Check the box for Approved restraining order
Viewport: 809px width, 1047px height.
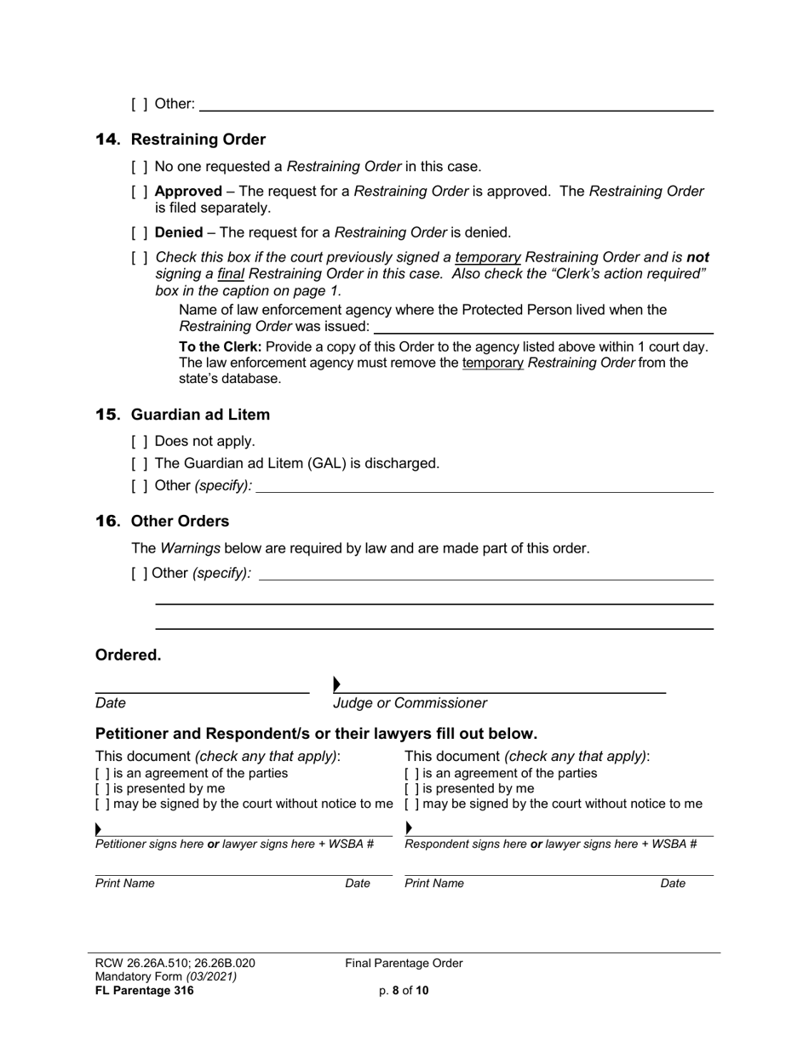(140, 192)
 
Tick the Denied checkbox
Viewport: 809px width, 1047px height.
(140, 232)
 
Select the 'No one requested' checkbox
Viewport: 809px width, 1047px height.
(140, 167)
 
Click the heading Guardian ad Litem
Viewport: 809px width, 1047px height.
(200, 415)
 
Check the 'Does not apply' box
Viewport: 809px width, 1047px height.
(140, 441)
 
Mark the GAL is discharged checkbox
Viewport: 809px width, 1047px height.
(140, 463)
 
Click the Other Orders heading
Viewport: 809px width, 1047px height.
(180, 521)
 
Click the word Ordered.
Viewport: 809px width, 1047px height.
(128, 655)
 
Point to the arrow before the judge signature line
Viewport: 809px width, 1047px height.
(337, 684)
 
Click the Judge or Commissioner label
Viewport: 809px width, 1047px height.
(410, 703)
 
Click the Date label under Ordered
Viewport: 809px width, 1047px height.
(111, 703)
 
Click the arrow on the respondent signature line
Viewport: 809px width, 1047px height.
(409, 827)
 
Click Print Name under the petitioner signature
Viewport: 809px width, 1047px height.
(125, 884)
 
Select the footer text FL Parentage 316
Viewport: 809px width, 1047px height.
(144, 990)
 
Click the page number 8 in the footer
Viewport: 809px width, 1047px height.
(396, 990)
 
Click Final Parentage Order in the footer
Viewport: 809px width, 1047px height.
(404, 963)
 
